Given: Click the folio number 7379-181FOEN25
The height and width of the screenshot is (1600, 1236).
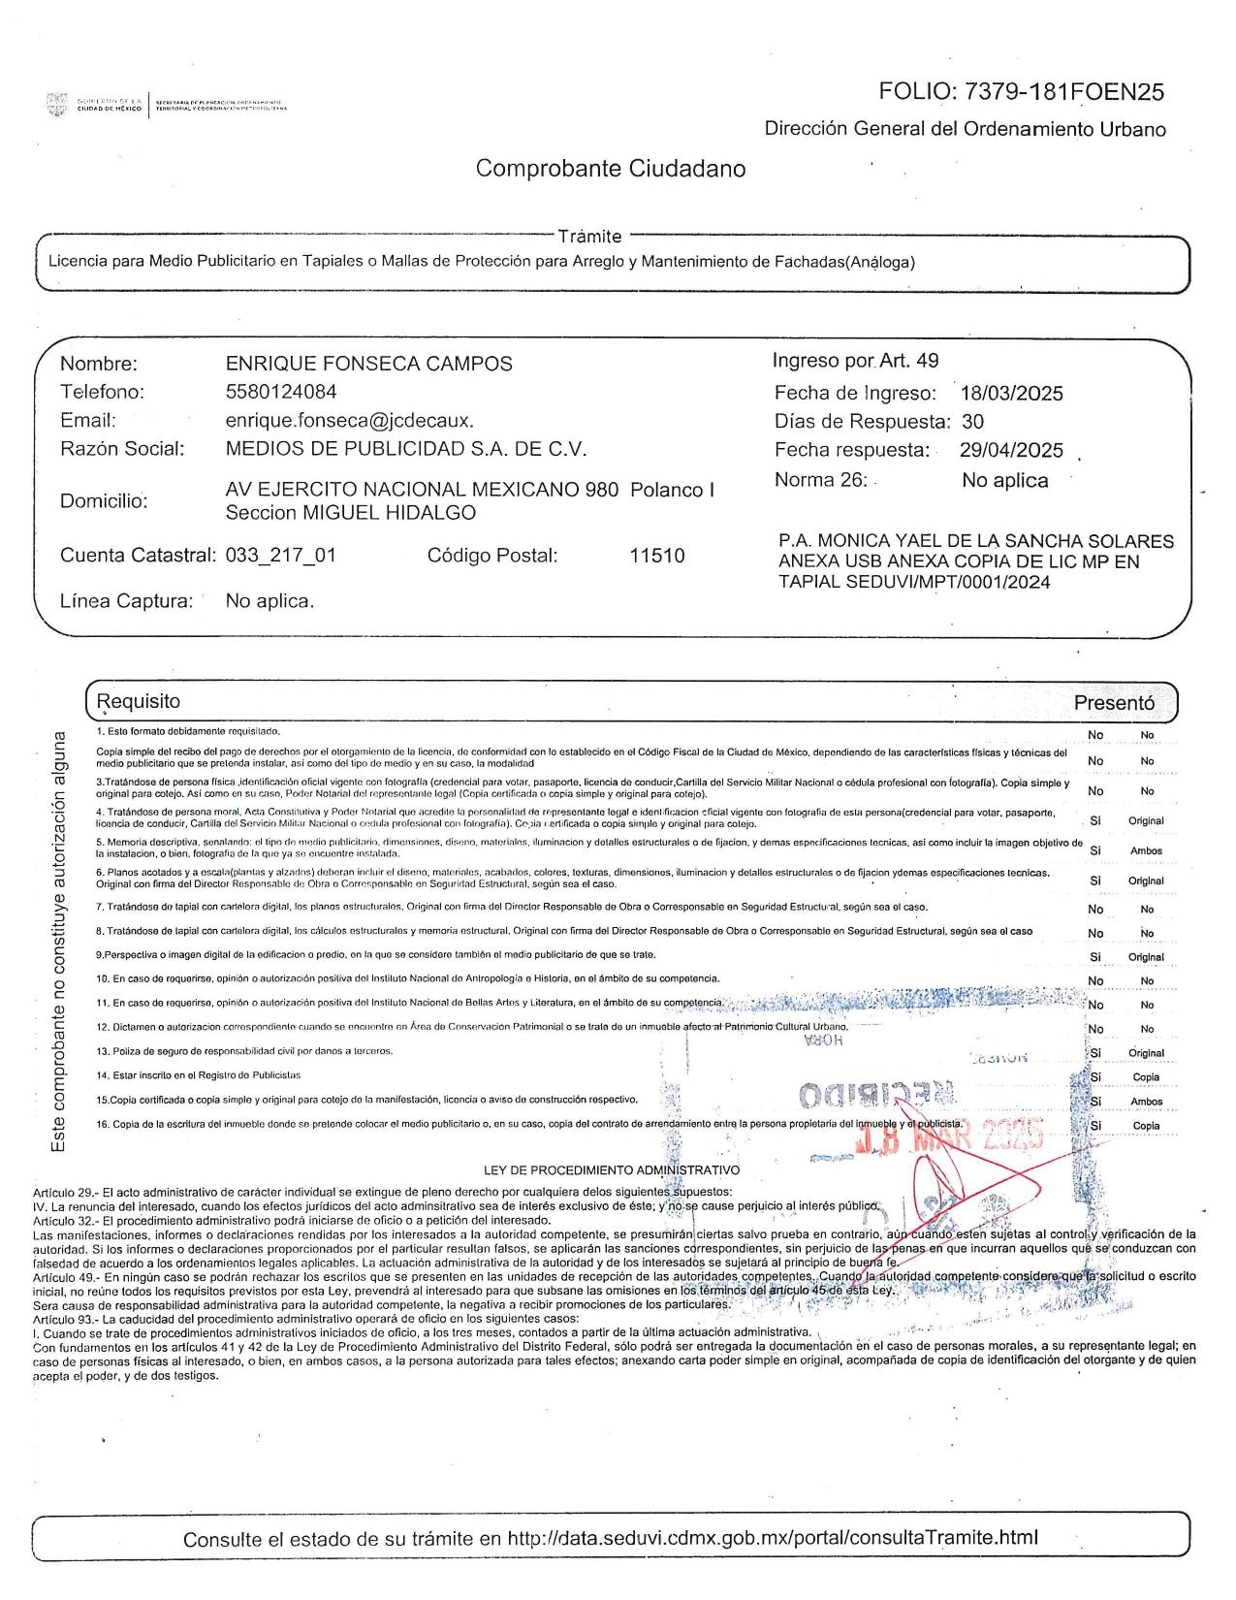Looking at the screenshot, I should (1062, 92).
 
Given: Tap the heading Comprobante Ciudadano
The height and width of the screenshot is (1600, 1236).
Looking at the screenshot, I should (611, 169).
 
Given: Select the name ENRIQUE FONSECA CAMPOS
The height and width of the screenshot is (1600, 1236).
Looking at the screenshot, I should (368, 365).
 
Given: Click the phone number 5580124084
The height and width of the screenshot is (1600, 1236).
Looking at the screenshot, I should (281, 392).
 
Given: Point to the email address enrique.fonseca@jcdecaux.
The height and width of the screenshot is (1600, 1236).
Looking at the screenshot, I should (349, 421).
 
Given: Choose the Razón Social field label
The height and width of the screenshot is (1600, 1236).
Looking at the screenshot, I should (122, 449).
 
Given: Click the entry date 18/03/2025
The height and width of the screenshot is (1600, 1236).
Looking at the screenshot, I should (1011, 394).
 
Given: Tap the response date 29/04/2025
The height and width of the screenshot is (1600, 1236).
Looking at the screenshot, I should (1011, 451).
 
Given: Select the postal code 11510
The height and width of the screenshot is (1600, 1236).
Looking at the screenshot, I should (656, 556).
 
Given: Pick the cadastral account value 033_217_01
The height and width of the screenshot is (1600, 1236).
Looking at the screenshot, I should (281, 556).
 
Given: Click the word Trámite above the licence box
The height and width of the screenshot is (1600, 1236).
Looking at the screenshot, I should (589, 237).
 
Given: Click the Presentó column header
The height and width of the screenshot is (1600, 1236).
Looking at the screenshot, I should (1114, 703).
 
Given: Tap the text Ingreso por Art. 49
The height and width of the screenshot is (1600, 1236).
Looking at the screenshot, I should (855, 361).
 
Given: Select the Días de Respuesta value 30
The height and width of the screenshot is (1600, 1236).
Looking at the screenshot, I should (973, 422).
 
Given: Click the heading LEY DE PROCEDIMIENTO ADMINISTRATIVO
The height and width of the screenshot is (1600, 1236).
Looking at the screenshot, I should (618, 1170).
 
